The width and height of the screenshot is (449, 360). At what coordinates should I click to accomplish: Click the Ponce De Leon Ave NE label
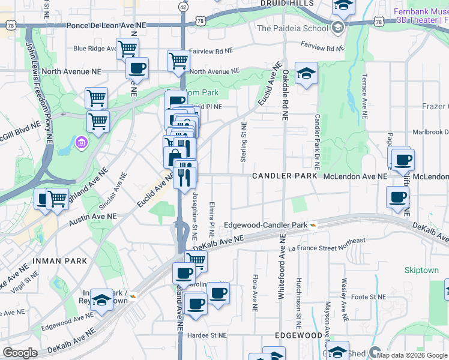106,25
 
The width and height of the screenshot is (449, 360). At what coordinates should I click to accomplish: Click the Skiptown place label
421,270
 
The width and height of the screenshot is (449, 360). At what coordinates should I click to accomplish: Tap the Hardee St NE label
206,335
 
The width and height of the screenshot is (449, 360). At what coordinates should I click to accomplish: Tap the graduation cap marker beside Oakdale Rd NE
306,74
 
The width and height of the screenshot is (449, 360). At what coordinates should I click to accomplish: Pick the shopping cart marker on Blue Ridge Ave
127,48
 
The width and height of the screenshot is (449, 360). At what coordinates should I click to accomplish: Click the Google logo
20,353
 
